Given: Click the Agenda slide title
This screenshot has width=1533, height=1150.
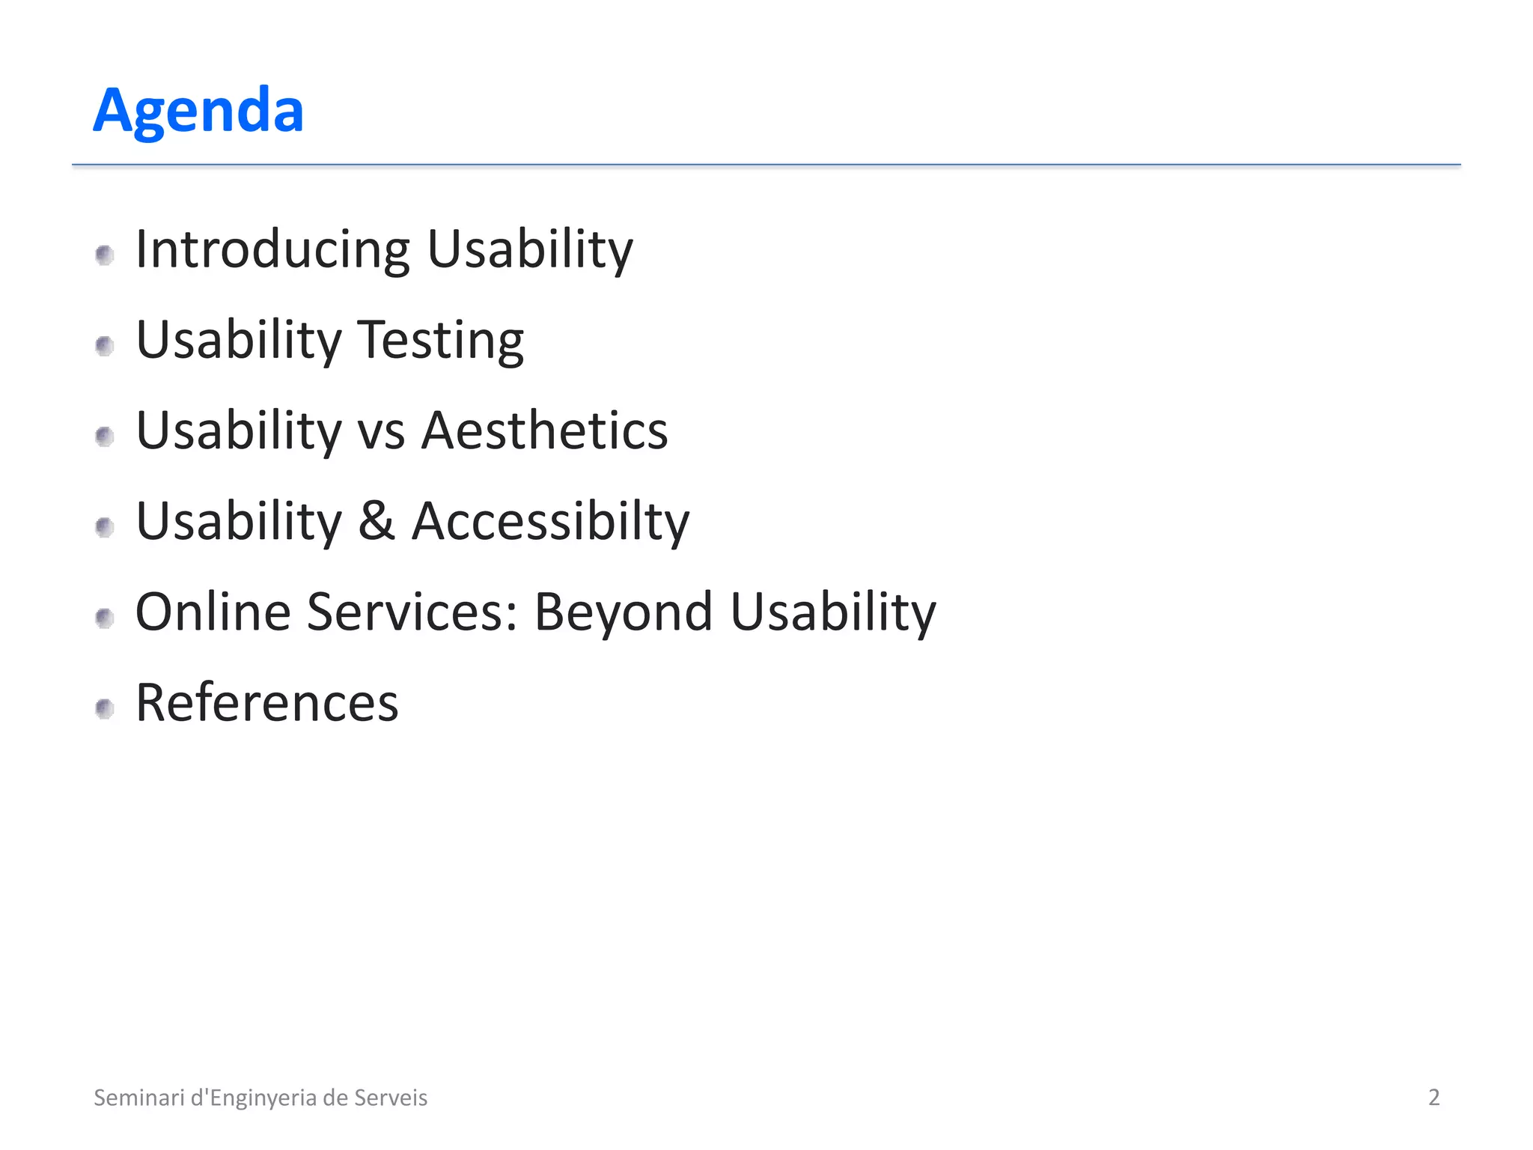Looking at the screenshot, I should click(x=198, y=111).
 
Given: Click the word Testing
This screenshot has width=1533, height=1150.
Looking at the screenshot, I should click(x=440, y=341).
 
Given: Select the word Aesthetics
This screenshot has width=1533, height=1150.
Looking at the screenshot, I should click(x=544, y=431).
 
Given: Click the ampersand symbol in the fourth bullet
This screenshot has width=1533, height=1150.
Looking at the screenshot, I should click(x=377, y=521).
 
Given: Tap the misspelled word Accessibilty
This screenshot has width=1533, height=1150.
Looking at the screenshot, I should click(x=550, y=522).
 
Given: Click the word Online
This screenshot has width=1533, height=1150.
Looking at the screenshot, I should click(x=213, y=612).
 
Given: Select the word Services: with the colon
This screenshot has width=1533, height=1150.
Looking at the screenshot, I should click(x=412, y=612).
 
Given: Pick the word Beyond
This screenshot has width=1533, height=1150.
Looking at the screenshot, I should click(x=623, y=612).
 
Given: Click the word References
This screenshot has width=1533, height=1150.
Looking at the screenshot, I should click(x=266, y=703).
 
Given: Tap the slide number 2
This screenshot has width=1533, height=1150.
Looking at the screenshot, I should click(x=1433, y=1098).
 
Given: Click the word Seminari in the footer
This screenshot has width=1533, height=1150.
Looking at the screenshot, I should click(x=138, y=1098).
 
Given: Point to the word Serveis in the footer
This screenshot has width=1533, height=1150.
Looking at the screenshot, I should click(x=390, y=1098).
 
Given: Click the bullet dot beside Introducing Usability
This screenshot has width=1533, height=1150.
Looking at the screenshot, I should click(x=105, y=255).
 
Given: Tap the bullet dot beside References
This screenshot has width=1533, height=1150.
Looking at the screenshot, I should click(x=105, y=708).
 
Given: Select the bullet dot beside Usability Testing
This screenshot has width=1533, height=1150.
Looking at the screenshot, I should click(x=105, y=346).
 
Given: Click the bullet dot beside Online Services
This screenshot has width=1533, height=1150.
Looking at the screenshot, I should click(x=105, y=618).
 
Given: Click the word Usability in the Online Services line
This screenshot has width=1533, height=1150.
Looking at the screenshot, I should click(x=832, y=612).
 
